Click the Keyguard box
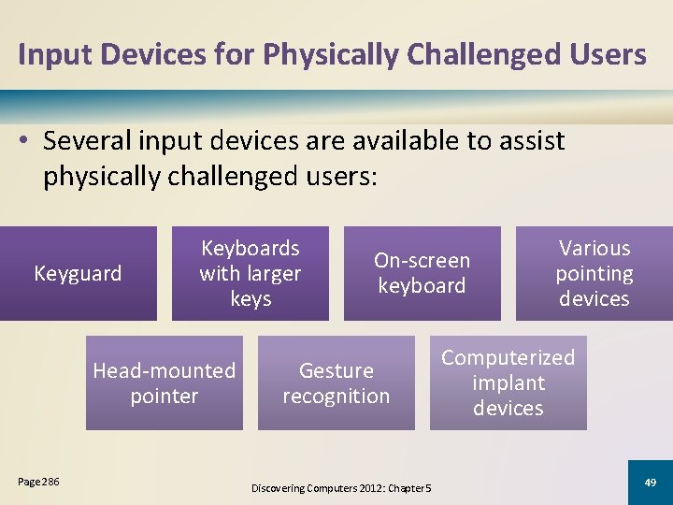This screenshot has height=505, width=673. tap(78, 273)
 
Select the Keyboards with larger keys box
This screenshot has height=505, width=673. tap(251, 273)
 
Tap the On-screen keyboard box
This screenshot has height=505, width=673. tap(422, 273)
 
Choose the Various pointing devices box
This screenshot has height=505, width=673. tap(594, 273)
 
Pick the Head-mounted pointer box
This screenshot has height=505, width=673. tap(164, 383)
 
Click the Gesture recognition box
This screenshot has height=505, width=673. tap(336, 383)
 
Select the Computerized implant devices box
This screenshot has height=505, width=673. tap(508, 383)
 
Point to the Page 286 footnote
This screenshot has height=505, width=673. tap(38, 482)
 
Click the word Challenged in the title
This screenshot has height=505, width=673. tap(503, 54)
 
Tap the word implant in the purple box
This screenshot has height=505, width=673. tap(508, 383)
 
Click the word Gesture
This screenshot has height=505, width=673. tap(336, 371)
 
